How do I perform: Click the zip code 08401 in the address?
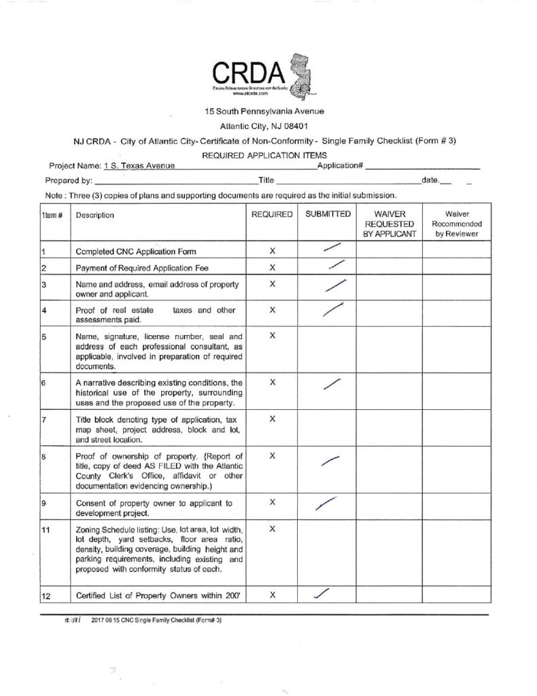(x=294, y=126)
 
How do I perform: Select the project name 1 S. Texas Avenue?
(x=139, y=166)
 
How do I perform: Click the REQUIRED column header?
(x=272, y=214)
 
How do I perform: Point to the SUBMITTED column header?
(x=328, y=214)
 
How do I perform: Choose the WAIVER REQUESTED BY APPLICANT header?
(x=389, y=224)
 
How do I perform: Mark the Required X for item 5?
(x=272, y=336)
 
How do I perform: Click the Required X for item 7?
(x=272, y=419)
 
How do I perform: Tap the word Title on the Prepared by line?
(x=265, y=181)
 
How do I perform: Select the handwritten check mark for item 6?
(x=330, y=384)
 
